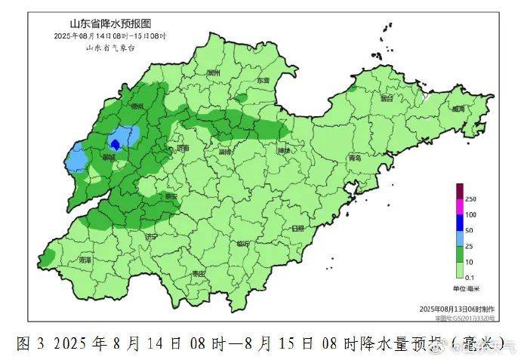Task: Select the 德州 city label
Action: point(137,106)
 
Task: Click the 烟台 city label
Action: point(387,97)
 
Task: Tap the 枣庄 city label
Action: point(199,273)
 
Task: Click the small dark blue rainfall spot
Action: point(115,143)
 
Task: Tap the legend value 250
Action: point(470,198)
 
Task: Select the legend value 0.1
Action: point(470,277)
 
